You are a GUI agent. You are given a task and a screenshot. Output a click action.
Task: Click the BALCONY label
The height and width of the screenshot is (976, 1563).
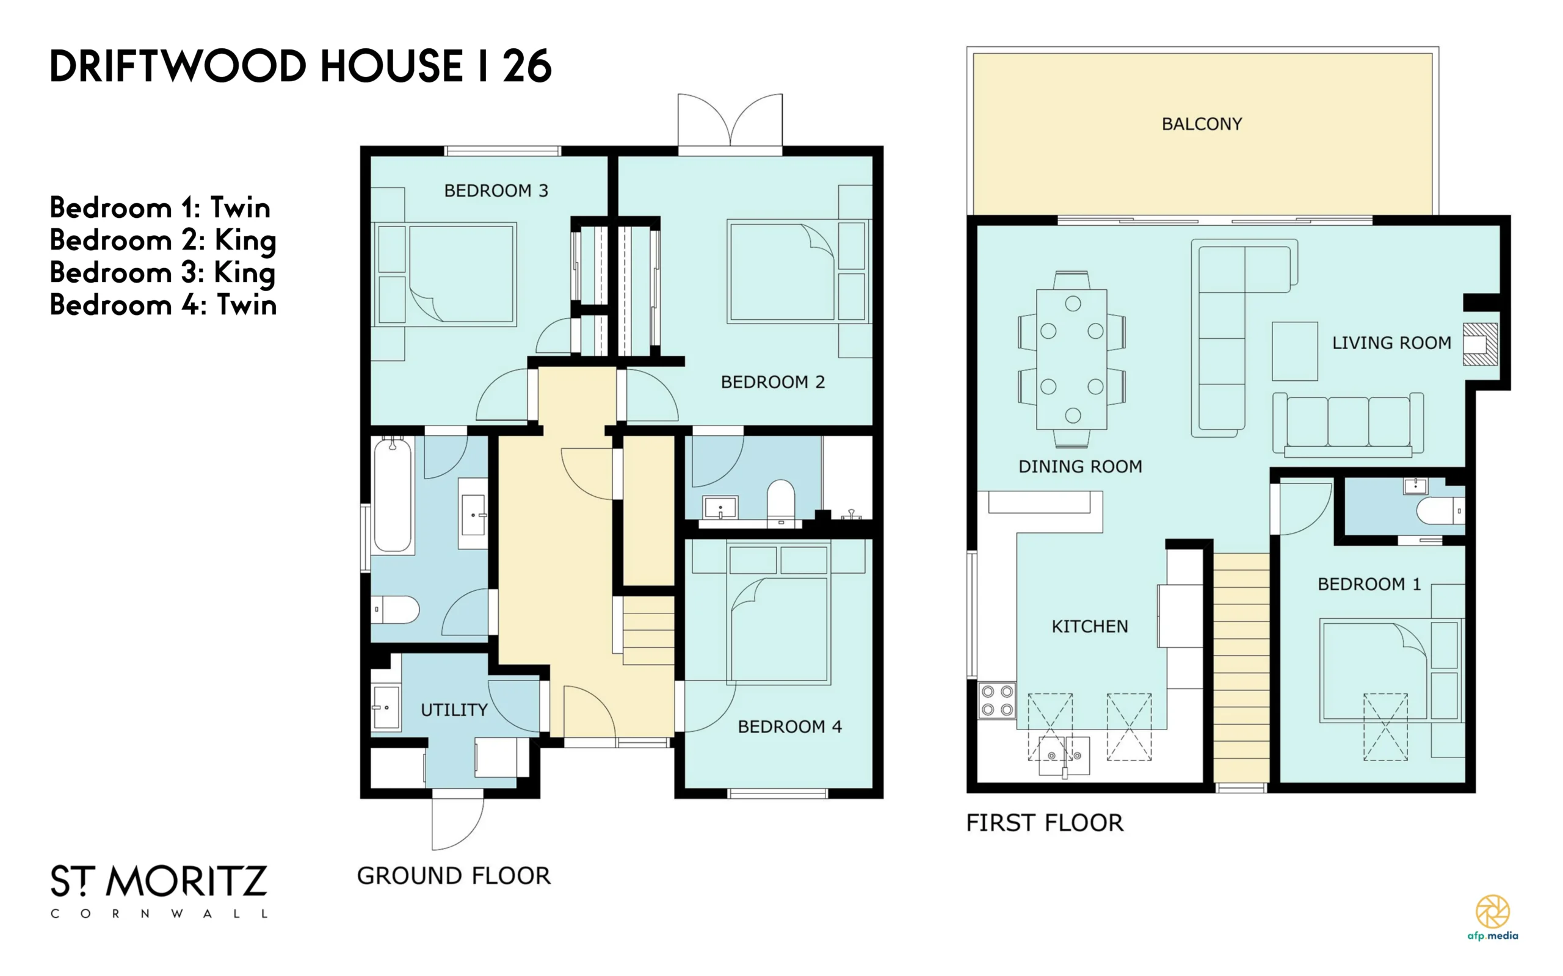tap(1202, 124)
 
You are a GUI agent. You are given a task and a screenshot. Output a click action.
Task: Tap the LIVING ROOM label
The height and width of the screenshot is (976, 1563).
tap(1391, 343)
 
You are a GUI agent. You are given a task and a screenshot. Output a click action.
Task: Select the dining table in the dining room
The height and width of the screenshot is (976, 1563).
tap(1072, 359)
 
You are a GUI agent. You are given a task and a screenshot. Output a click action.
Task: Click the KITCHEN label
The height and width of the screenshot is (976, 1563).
tap(1090, 626)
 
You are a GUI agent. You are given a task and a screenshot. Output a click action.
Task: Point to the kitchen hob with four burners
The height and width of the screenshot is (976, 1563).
tap(997, 700)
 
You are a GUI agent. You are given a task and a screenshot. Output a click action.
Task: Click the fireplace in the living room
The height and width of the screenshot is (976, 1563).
tap(1480, 344)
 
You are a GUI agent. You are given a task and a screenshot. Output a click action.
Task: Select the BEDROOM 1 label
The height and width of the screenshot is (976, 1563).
tap(1369, 584)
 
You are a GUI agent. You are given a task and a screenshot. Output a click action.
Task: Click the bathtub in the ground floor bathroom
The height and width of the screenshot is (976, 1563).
tap(393, 495)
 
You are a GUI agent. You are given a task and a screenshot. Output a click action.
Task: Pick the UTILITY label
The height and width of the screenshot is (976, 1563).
tap(454, 710)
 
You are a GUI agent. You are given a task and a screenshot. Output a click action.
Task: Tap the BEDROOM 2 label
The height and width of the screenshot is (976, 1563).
tap(773, 382)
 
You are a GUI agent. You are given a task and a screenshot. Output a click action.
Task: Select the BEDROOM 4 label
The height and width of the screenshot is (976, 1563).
tap(789, 727)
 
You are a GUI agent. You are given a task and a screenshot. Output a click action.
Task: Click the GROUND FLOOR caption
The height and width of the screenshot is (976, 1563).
tap(454, 876)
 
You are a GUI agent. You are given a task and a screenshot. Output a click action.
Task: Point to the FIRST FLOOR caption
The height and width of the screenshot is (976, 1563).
tap(1045, 823)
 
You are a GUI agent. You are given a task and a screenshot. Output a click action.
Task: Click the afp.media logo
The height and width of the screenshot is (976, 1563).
tap(1493, 917)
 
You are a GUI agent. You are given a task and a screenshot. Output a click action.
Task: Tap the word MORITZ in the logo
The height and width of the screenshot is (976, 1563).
tap(186, 882)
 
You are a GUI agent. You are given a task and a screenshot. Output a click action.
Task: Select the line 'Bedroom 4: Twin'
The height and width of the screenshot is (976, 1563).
tap(164, 305)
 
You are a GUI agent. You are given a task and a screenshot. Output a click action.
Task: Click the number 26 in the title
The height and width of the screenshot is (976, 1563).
tap(528, 66)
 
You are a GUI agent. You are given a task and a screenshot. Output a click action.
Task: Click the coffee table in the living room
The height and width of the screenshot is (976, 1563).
tap(1294, 351)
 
